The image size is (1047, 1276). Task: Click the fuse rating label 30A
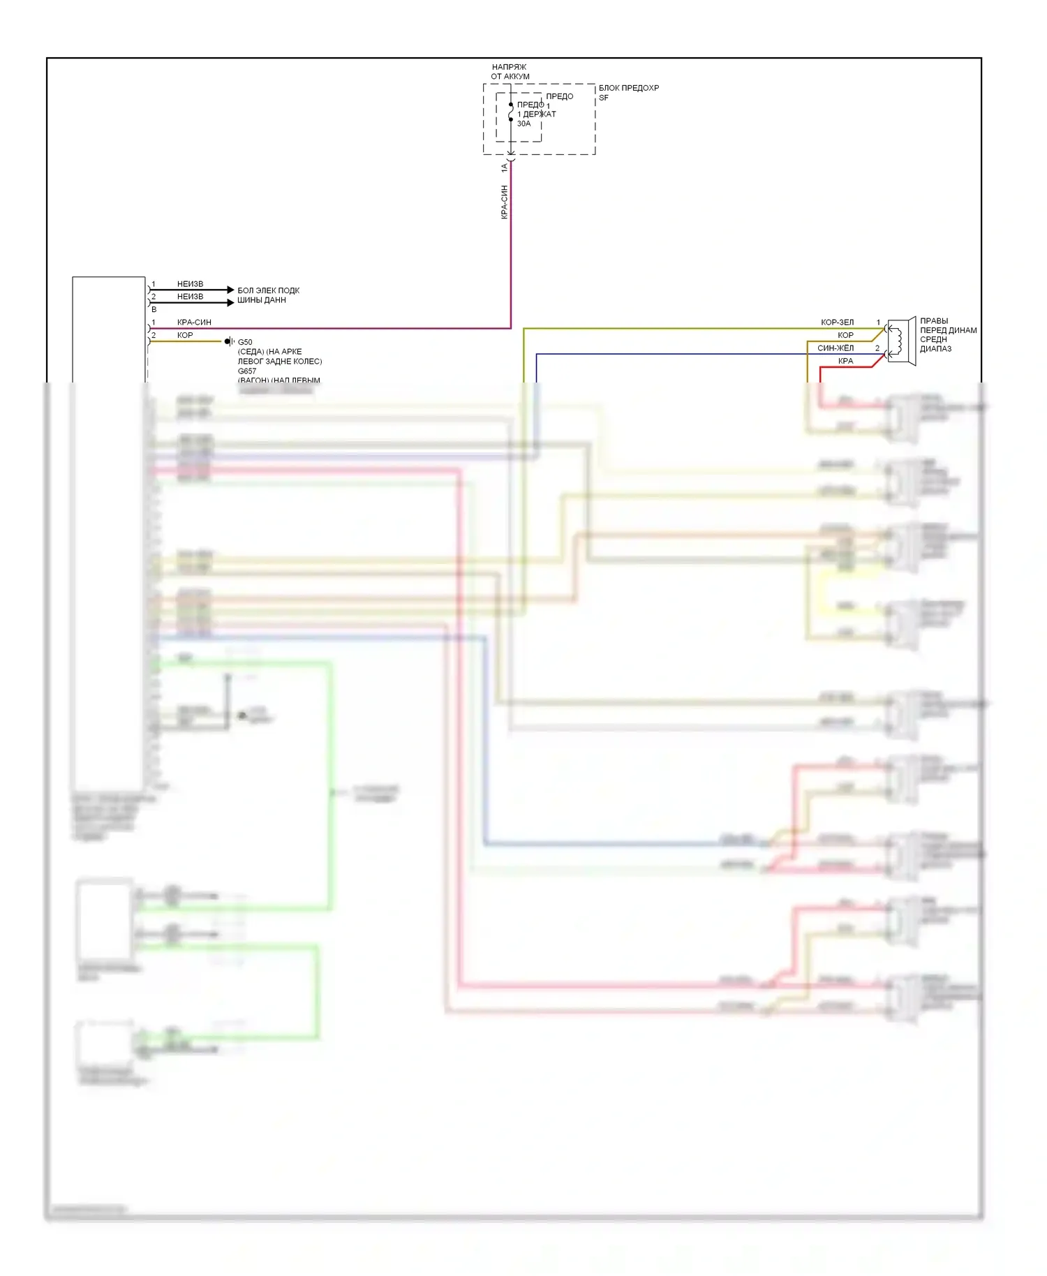point(523,124)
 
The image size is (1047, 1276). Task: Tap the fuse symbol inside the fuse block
point(511,112)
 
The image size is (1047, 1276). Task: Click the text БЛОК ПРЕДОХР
point(628,88)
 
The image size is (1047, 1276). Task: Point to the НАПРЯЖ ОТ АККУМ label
point(510,71)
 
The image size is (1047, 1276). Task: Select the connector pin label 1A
point(504,168)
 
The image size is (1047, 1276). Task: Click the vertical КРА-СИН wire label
point(504,202)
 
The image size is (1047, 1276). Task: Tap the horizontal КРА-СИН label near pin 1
point(194,322)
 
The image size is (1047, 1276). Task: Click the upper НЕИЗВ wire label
point(190,284)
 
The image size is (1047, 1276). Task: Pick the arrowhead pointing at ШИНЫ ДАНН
point(231,302)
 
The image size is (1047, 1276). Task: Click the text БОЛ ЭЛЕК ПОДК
point(268,290)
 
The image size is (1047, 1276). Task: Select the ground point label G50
point(245,342)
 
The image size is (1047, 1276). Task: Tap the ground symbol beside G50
point(229,341)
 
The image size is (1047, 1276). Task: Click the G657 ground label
point(247,371)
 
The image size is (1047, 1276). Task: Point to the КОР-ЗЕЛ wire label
point(837,322)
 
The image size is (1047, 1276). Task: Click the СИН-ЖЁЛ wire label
point(836,348)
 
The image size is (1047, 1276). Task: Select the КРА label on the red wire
point(845,361)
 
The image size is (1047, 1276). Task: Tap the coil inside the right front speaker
point(899,341)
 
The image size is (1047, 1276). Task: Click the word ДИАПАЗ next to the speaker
point(935,349)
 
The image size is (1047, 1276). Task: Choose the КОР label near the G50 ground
point(185,335)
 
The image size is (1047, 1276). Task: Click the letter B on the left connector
point(154,309)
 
